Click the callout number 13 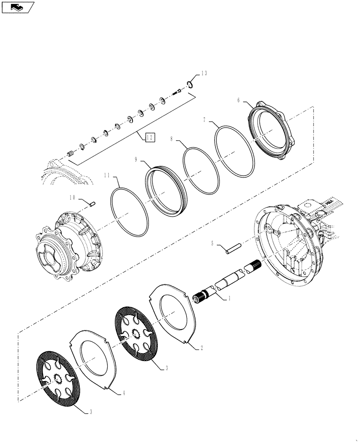pos(204,74)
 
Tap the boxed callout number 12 pos(150,138)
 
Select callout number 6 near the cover pos(239,101)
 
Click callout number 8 pos(172,139)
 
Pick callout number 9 pos(137,158)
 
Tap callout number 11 pos(106,175)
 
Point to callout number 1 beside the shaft pos(229,299)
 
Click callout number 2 pos(202,348)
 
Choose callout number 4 pos(124,392)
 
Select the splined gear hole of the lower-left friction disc pos(58,379)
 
